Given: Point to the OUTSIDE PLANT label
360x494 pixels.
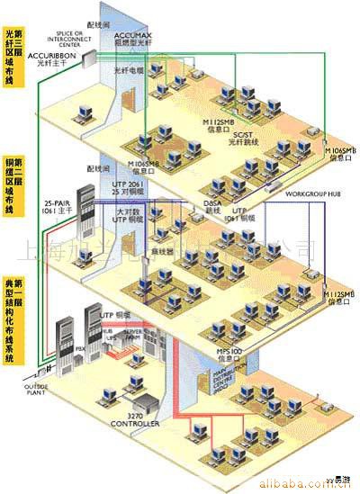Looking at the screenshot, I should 27,391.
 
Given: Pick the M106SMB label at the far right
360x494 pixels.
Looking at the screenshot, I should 338,153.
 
